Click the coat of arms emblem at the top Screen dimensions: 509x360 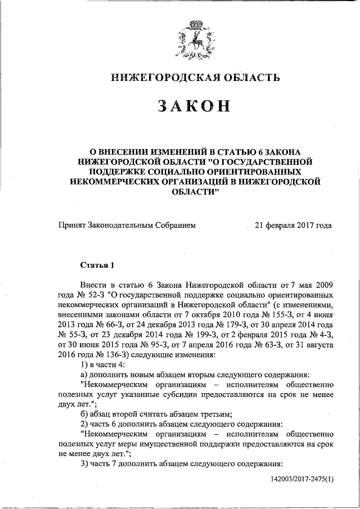[195, 39]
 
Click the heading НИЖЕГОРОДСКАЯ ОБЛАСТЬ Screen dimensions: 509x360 [195, 78]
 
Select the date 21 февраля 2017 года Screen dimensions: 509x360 [293, 226]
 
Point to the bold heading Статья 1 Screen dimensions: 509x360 [97, 264]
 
